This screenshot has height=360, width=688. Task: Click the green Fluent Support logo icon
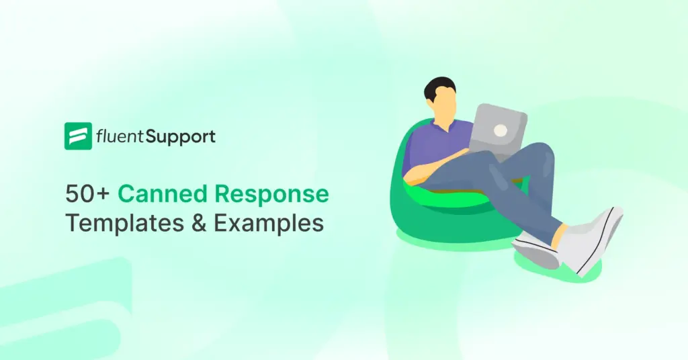pos(78,136)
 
